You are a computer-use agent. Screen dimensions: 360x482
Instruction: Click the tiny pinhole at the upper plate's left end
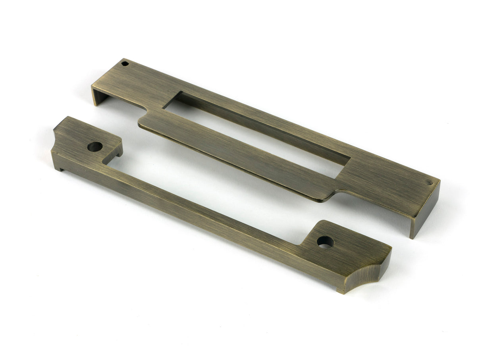point(125,64)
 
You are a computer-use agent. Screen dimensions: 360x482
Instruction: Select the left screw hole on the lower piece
point(94,147)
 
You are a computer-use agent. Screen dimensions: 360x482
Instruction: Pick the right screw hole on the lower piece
point(325,241)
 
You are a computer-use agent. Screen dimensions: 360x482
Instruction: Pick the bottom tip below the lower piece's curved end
point(341,291)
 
